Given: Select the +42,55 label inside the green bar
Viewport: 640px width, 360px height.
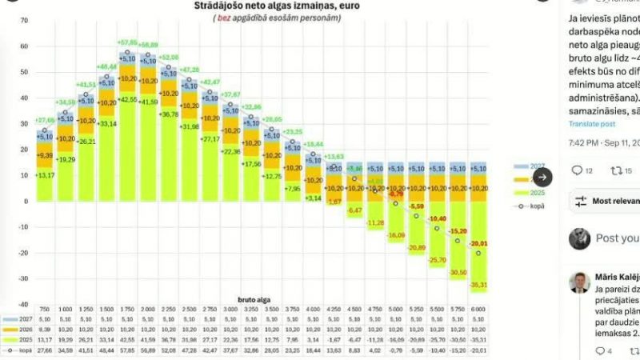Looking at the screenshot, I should [x=127, y=99].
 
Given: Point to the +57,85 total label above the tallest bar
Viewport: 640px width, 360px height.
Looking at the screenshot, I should [x=127, y=42].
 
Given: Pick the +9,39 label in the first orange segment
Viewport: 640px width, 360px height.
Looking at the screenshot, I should [x=45, y=155].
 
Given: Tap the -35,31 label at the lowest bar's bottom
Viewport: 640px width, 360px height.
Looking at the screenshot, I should [x=478, y=285].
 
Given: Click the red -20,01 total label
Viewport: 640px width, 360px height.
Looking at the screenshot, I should [x=478, y=243].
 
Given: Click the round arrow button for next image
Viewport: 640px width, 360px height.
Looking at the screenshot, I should [x=542, y=177].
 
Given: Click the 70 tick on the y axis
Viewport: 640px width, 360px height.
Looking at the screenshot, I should [x=23, y=22].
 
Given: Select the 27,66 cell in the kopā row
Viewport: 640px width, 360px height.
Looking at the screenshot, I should [x=45, y=350].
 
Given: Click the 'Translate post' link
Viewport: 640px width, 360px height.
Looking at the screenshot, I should [x=591, y=124].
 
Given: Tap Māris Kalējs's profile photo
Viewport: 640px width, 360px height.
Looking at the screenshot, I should [x=579, y=282].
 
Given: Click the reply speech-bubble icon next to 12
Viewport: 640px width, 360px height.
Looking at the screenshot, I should [x=577, y=170].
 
